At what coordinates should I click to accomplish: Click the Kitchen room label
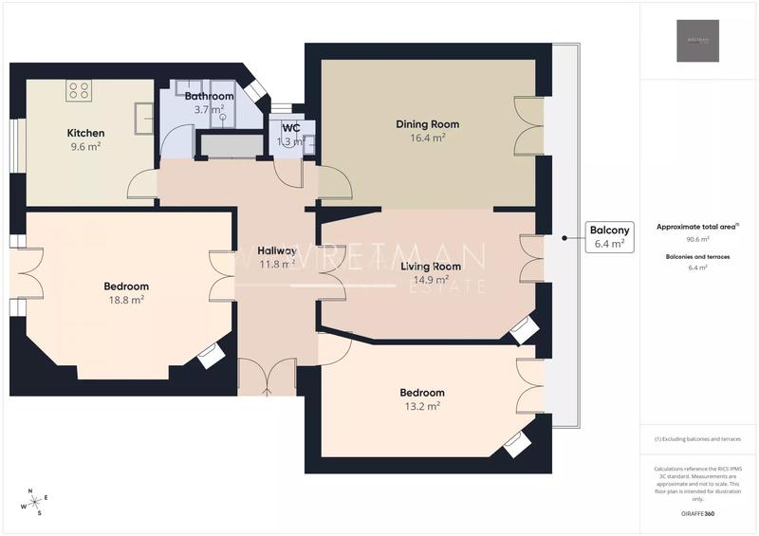(85, 133)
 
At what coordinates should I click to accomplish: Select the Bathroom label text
(209, 96)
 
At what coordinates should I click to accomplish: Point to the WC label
(291, 127)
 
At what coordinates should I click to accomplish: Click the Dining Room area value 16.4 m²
(427, 138)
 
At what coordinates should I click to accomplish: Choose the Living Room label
(431, 266)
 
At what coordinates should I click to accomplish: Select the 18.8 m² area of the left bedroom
(126, 300)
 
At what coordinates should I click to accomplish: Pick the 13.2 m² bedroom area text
(422, 406)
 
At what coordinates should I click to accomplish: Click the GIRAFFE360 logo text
(697, 512)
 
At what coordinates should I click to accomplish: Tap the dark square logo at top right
(697, 41)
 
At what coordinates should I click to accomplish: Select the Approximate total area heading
(697, 228)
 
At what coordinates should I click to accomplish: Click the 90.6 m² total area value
(697, 240)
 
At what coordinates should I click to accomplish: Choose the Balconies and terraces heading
(697, 257)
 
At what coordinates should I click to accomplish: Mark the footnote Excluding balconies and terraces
(697, 439)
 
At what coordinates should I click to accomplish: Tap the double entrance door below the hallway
(262, 378)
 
